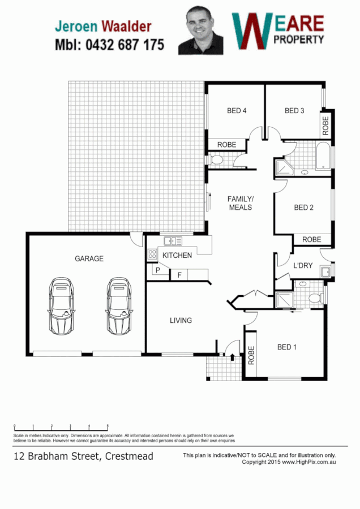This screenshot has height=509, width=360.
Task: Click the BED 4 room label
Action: (x=237, y=111)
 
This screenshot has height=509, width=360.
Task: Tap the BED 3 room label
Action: (x=294, y=111)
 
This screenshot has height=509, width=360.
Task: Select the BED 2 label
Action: (x=303, y=208)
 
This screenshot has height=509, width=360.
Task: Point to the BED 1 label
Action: (x=287, y=347)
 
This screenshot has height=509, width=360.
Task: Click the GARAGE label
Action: (x=89, y=258)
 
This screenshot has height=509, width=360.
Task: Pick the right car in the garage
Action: (x=118, y=305)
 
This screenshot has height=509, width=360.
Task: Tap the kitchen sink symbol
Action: (x=173, y=241)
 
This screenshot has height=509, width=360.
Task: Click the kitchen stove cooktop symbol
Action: (x=152, y=254)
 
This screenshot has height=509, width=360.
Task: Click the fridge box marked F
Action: (x=179, y=275)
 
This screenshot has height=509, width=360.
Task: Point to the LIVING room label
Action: (x=181, y=321)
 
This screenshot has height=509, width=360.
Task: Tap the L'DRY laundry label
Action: (x=303, y=265)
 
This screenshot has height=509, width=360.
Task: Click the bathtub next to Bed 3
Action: (x=323, y=156)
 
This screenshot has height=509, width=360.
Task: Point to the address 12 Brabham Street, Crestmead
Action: (x=83, y=456)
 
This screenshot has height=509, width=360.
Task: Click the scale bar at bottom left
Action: (x=61, y=425)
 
